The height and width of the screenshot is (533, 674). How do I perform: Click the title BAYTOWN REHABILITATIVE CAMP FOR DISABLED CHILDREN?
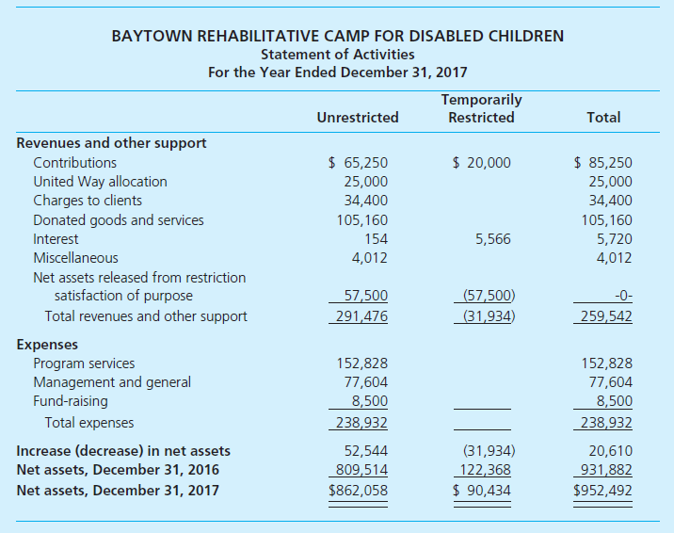point(337,37)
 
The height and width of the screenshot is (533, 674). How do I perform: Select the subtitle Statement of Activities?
point(337,55)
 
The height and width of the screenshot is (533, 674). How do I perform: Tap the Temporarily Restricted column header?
point(481,108)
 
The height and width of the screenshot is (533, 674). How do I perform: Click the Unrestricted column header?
point(358,118)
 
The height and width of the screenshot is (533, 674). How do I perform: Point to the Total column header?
point(602,118)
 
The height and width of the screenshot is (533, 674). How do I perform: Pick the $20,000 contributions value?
point(481,163)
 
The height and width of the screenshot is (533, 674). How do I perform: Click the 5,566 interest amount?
point(493,239)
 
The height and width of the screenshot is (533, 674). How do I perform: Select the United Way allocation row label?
point(100,182)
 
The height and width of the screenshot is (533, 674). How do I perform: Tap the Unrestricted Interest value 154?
point(376,239)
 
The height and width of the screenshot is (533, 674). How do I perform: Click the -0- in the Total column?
point(621,297)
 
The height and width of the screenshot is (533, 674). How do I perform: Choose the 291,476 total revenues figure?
point(362,316)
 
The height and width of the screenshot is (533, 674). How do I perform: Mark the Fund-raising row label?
point(71,401)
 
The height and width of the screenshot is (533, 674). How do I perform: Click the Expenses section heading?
point(47,345)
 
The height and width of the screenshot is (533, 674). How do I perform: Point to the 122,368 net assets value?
point(486,470)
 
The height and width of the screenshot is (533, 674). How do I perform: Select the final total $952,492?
point(602,490)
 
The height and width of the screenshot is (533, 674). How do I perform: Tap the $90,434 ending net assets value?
point(481,490)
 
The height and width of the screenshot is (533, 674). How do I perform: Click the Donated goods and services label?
point(119,220)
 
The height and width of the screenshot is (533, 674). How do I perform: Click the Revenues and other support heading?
point(112,143)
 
